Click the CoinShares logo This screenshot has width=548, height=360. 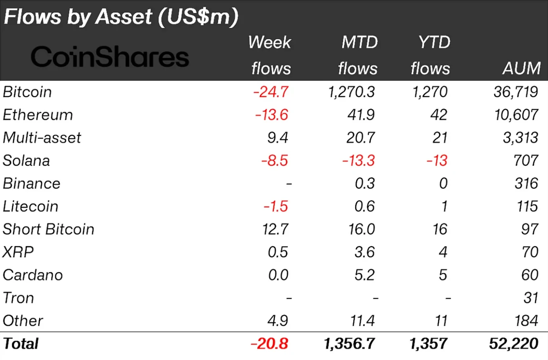tap(110, 57)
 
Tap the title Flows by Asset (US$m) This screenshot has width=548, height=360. tap(121, 17)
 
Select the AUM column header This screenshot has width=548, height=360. tap(521, 68)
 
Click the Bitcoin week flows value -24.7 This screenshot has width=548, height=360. tap(271, 92)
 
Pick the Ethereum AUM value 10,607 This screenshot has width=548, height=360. tap(516, 115)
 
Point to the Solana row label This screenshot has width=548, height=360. tap(26, 161)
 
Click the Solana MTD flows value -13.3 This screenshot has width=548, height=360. tap(359, 161)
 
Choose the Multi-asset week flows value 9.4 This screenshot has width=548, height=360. tap(278, 138)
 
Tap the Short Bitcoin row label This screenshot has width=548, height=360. tap(48, 229)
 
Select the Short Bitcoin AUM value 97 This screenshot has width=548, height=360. tap(530, 229)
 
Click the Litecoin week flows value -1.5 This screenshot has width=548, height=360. tap(276, 206)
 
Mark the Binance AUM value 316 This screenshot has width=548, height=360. tap(527, 183)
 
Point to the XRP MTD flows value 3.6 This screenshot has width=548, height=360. tap(365, 252)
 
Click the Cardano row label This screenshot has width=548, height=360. tap(33, 275)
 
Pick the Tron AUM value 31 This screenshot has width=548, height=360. tap(531, 298)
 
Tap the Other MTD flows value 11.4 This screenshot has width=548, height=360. tap(362, 321)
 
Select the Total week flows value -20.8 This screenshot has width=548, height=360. tap(269, 343)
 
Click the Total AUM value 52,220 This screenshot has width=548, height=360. tap(514, 343)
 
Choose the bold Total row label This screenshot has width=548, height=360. tap(21, 343)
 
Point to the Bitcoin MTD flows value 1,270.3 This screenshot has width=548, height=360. tap(351, 92)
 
